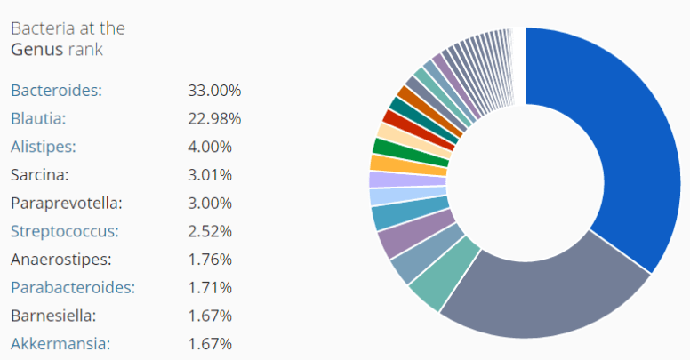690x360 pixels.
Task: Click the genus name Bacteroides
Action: tap(56, 90)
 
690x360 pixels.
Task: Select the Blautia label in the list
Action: tap(38, 118)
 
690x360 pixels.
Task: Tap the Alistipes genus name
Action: tap(44, 147)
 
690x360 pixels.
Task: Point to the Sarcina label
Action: tap(40, 174)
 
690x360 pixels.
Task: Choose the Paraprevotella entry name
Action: tap(66, 203)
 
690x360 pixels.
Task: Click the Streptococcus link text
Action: tap(64, 231)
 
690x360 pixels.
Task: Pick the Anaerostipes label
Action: tap(61, 260)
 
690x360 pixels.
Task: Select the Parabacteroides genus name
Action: tap(73, 287)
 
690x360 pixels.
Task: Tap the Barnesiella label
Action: tap(52, 316)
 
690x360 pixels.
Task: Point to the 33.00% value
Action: tap(214, 90)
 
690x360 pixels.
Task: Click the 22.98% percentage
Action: tap(214, 118)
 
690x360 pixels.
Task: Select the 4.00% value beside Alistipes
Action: tap(210, 147)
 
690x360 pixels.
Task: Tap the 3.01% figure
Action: tap(210, 174)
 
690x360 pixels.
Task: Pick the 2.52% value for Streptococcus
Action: tap(210, 231)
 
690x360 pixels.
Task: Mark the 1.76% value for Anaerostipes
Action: tap(210, 260)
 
